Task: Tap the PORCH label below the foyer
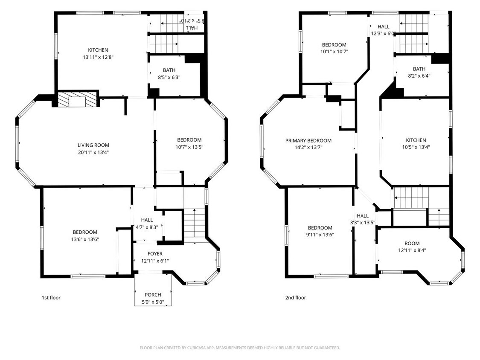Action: coord(153,295)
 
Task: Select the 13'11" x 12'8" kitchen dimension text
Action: coord(98,57)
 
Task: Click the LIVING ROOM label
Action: coord(93,145)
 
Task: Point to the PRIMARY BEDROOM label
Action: coord(308,140)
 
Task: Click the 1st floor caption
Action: coord(51,298)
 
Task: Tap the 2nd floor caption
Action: coord(296,298)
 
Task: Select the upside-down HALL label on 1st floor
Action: coord(192,28)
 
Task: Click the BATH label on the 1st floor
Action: coord(169,70)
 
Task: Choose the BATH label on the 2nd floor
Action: coord(419,69)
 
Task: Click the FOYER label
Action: coord(155,253)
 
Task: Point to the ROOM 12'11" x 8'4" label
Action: coord(412,247)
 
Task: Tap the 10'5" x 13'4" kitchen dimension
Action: coord(416,147)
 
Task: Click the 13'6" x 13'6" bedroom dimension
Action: coord(85,239)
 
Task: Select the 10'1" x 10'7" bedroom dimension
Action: coord(334,52)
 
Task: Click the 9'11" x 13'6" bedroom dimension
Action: coord(320,235)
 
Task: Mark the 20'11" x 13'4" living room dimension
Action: coord(93,152)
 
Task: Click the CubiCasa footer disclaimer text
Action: coord(240,348)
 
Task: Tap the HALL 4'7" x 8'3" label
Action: coord(147,224)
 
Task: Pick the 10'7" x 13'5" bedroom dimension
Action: coord(189,147)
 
